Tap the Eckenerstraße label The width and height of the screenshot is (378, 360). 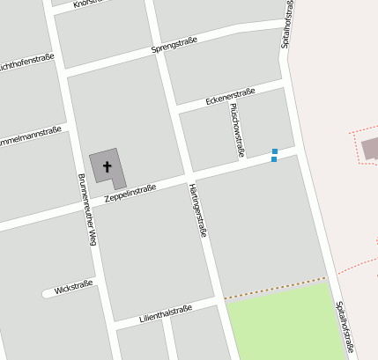(230, 97)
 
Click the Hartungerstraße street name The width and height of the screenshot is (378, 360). (197, 210)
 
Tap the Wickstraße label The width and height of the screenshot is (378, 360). (73, 288)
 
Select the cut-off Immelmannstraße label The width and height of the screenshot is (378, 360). (30, 137)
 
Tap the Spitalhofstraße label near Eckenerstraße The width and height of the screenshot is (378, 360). (286, 24)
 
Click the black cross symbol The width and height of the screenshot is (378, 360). (107, 165)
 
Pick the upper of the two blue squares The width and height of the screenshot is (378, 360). (275, 151)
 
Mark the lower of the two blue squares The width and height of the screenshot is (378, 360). (274, 159)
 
